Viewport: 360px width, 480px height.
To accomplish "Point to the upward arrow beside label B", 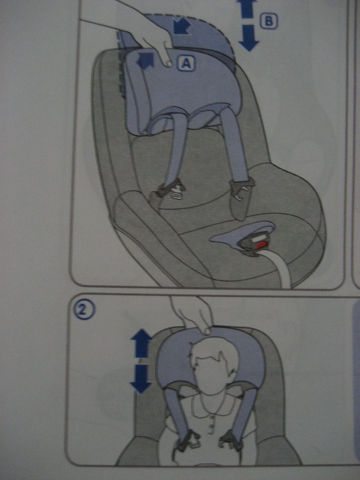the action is click(x=248, y=9).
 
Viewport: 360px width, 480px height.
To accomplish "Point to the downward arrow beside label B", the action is click(x=249, y=38).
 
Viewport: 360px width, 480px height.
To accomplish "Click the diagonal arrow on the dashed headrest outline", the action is click(x=181, y=26).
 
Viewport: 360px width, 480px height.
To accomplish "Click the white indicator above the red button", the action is click(x=258, y=239).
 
